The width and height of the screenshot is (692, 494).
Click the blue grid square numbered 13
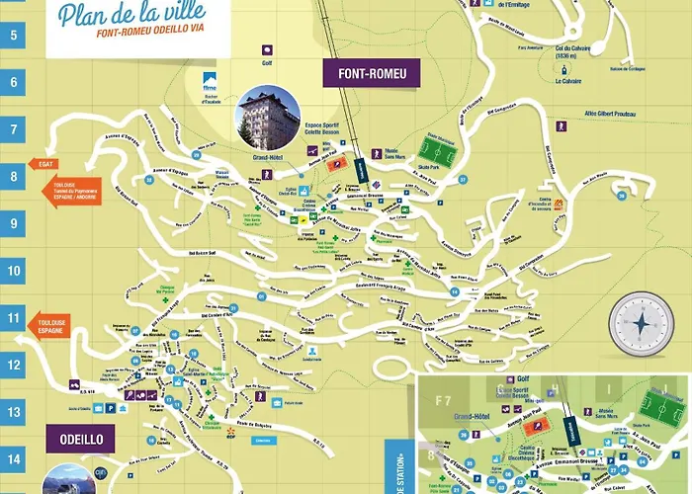(x=14, y=412)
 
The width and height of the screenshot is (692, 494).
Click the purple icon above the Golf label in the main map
(x=265, y=47)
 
